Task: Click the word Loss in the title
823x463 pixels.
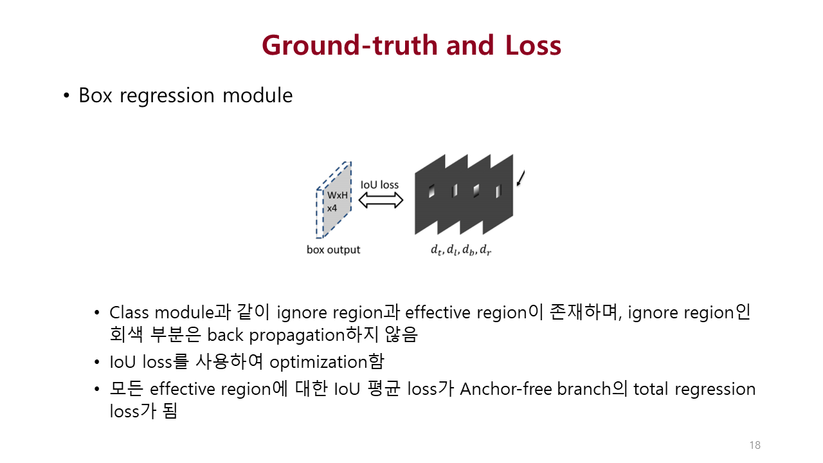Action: pos(529,46)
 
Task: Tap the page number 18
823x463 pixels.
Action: pos(755,445)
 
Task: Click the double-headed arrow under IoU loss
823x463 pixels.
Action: pos(380,201)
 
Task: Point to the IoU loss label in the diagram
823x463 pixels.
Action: pos(379,185)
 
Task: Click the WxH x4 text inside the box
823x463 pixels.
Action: pos(337,201)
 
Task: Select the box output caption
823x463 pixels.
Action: pos(333,250)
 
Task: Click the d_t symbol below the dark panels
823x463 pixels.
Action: pos(437,250)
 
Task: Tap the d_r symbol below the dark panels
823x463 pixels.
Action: pos(486,250)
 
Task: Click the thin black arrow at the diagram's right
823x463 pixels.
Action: pos(521,177)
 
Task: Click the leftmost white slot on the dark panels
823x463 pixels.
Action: pos(432,190)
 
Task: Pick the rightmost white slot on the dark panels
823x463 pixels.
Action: pos(497,190)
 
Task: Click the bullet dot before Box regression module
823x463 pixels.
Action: pos(66,96)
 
